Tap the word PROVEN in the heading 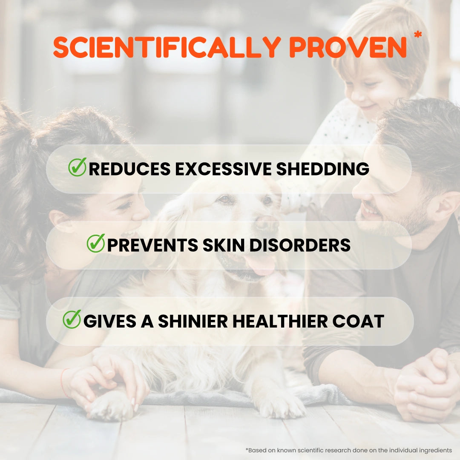pyautogui.click(x=348, y=47)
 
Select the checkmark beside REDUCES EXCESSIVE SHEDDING pyautogui.click(x=77, y=167)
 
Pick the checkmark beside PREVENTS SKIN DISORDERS pyautogui.click(x=96, y=243)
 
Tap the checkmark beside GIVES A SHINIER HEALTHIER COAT pyautogui.click(x=72, y=319)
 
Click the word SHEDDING pyautogui.click(x=322, y=169)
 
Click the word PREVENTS pyautogui.click(x=152, y=245)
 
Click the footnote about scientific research pyautogui.click(x=348, y=450)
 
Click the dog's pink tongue pyautogui.click(x=261, y=266)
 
